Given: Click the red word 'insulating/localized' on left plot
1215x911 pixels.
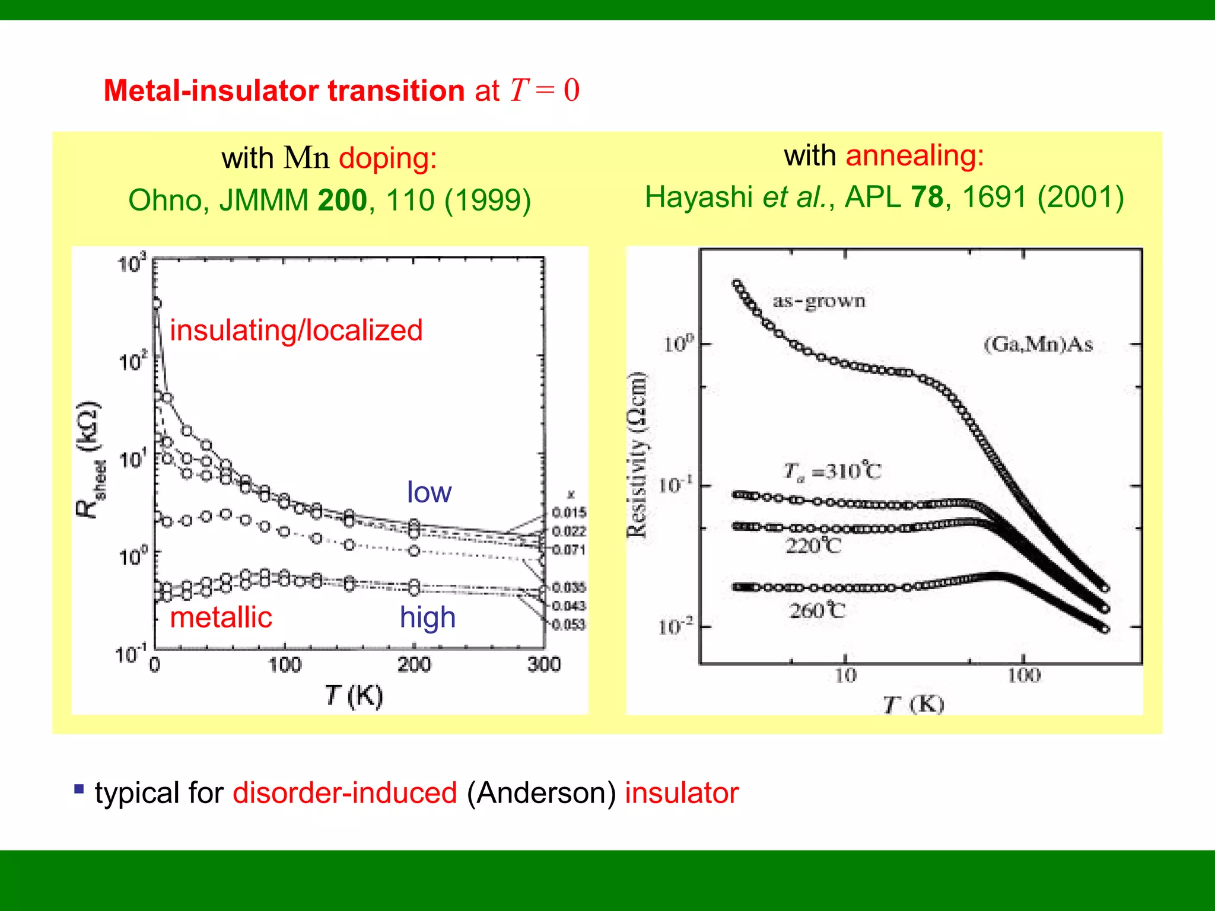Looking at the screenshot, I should (x=296, y=330).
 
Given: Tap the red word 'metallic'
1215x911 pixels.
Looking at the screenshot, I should (x=221, y=617).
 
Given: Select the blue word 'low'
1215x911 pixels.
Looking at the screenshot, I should (x=429, y=492).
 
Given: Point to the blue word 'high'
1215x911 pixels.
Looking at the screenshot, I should (x=427, y=617).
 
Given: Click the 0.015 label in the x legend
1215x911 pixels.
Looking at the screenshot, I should (x=568, y=512).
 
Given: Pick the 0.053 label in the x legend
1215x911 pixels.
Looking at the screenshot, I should (x=568, y=625).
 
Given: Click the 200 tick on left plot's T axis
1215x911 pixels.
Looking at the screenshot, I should (x=414, y=664).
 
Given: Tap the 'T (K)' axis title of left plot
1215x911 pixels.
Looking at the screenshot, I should (x=354, y=696).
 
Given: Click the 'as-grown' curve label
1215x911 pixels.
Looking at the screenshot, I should (x=819, y=301).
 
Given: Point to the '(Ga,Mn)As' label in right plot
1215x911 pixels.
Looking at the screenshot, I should (x=1038, y=344).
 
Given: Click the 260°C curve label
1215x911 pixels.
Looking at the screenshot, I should (x=817, y=610).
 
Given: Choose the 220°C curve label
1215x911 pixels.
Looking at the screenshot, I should (x=813, y=545).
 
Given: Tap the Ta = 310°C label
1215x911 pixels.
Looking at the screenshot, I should (x=832, y=472).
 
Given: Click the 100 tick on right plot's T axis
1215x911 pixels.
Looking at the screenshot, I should (x=1024, y=676).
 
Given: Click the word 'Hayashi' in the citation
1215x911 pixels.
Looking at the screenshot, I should (x=698, y=198).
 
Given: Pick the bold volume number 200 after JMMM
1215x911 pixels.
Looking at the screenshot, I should (x=342, y=200).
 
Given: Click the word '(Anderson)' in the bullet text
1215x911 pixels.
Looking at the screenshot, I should (x=541, y=794).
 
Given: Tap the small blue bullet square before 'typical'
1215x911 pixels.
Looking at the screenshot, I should (x=79, y=789).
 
